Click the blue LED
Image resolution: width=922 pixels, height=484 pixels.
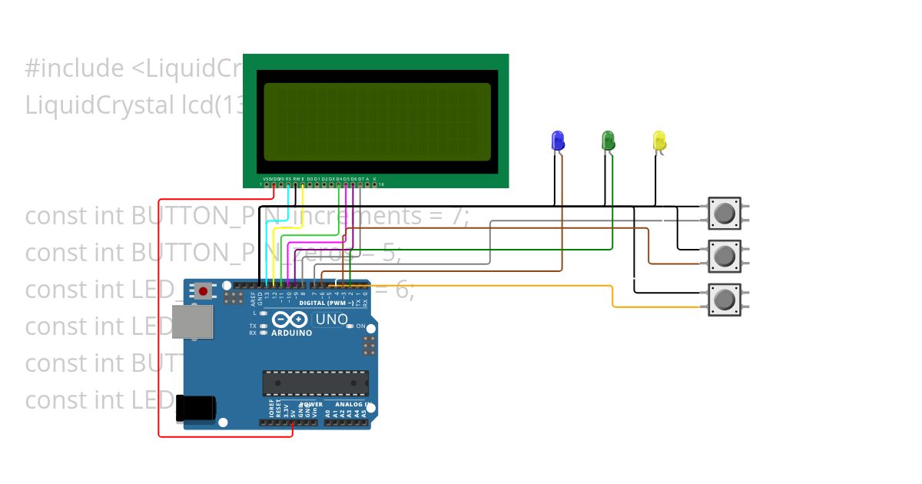(x=558, y=141)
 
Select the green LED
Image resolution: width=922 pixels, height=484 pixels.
(x=608, y=141)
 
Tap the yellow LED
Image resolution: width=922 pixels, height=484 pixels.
(x=659, y=141)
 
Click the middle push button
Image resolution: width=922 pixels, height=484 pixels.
(x=724, y=255)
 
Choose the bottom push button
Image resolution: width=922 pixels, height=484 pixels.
(x=724, y=299)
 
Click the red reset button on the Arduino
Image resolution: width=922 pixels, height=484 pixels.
(x=203, y=291)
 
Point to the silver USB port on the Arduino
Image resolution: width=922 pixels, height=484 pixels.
(x=192, y=321)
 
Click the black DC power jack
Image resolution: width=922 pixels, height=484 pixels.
(x=195, y=408)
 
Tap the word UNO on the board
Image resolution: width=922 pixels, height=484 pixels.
(x=332, y=319)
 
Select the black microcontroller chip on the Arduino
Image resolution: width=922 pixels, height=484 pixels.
(x=315, y=383)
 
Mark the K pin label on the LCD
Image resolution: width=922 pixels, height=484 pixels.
(x=375, y=178)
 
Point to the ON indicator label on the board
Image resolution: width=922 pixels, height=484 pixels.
(x=360, y=327)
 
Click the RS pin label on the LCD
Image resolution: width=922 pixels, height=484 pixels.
(x=288, y=178)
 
